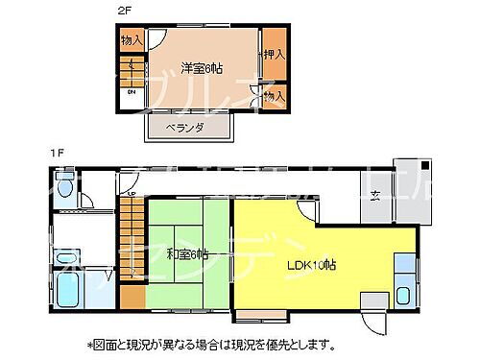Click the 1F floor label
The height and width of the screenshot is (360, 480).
point(57,152)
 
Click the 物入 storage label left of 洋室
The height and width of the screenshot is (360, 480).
point(131,40)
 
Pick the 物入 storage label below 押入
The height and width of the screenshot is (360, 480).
point(275,96)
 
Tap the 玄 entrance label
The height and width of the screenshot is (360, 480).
point(376,199)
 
